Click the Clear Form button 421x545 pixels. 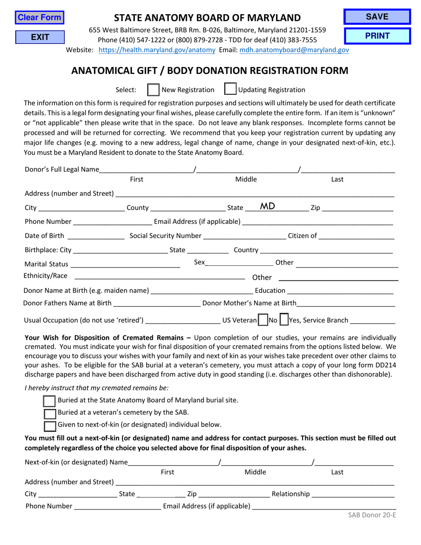[x=39, y=18]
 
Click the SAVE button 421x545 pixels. [x=377, y=17]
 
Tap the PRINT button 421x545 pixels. [x=377, y=36]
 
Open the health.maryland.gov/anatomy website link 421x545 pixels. [x=156, y=50]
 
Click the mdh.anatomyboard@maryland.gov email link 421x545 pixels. [x=294, y=50]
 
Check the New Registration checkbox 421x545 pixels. [x=153, y=90]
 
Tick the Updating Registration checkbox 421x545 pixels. [x=230, y=90]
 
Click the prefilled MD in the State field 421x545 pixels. [x=267, y=206]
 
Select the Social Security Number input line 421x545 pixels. [x=244, y=236]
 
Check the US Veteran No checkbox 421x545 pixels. [x=263, y=319]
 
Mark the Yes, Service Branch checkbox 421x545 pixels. [x=284, y=319]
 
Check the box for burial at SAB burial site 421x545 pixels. [x=50, y=401]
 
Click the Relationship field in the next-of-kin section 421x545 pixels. [x=353, y=494]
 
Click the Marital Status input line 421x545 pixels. [x=125, y=265]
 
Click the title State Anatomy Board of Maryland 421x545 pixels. [x=207, y=18]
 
